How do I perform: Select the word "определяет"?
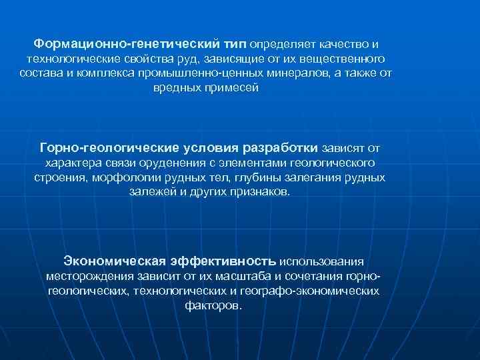pos(283,43)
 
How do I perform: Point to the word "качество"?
pos(343,43)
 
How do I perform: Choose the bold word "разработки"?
pos(282,147)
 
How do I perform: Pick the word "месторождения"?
pos(89,275)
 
